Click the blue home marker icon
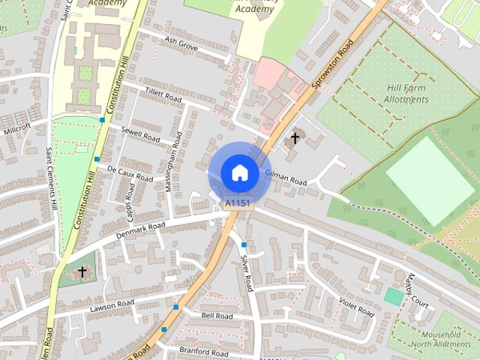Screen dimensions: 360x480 (239, 172)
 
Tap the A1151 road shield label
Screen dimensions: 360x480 (238, 203)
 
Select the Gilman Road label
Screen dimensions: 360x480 (286, 178)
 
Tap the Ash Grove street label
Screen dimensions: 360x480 (181, 46)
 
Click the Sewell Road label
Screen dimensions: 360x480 (140, 134)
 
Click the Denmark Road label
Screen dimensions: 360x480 (140, 231)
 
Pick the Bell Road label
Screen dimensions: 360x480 (217, 316)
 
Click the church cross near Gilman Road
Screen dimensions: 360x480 (295, 137)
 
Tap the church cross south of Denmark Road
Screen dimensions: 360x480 (82, 272)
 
